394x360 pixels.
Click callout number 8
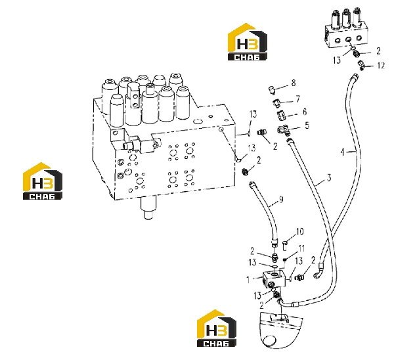tap(294, 83)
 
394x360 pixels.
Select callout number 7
tap(298, 99)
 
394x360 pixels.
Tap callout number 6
tap(305, 112)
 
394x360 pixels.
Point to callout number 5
tap(307, 125)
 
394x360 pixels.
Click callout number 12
tap(381, 66)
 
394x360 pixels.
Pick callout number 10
tap(300, 231)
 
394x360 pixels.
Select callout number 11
tap(301, 248)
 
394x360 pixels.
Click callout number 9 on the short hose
tap(281, 199)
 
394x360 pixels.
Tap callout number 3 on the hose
tap(329, 178)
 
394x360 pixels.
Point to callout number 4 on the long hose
tap(343, 152)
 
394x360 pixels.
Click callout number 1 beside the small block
tap(248, 280)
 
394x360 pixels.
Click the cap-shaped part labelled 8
tap(271, 90)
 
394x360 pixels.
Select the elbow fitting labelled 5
tap(284, 130)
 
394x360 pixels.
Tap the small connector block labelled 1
tap(274, 280)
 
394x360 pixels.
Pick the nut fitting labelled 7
tap(276, 102)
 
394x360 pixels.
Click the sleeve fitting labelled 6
tap(281, 116)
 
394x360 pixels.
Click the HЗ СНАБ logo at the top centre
tap(248, 42)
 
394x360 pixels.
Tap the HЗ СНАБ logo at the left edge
tap(43, 181)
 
